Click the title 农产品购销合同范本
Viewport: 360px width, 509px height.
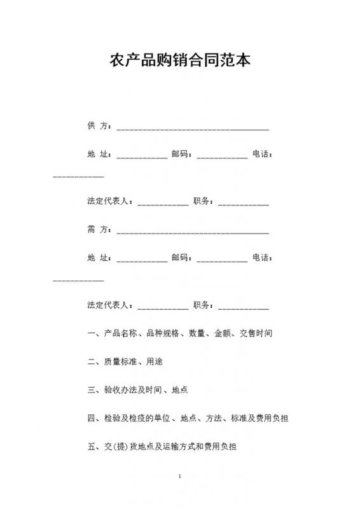(180, 61)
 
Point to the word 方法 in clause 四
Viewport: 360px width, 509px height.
(213, 418)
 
